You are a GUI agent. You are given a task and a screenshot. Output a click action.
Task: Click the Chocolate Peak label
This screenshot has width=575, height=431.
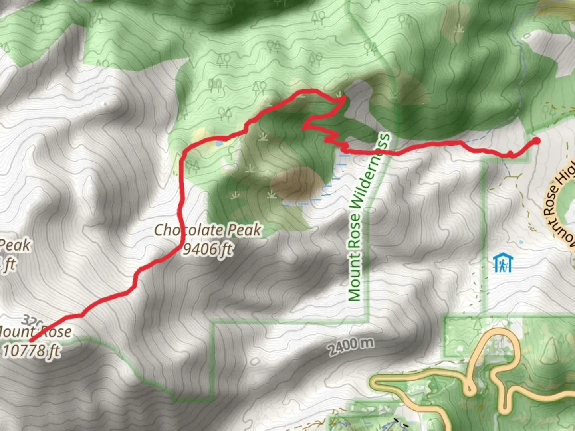click(208, 230)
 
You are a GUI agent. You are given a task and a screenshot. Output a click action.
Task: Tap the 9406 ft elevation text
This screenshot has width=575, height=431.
click(208, 249)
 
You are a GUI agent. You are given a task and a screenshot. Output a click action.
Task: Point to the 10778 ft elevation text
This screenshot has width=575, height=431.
click(32, 351)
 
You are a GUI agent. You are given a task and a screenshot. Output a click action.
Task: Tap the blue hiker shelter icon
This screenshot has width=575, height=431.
click(502, 263)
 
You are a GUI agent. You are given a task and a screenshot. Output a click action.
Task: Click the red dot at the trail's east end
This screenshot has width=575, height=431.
click(536, 141)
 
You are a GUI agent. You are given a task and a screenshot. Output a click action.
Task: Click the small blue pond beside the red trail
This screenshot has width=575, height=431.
click(218, 142)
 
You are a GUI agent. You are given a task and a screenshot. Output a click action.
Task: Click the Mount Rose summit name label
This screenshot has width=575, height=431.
click(36, 332)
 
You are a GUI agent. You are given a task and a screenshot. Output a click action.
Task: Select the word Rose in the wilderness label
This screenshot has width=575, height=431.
click(356, 236)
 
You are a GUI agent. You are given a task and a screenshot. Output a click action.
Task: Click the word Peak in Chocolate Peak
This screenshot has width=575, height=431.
click(244, 230)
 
